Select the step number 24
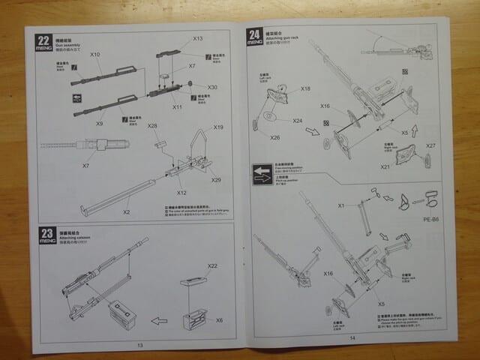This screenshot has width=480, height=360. point(254,34)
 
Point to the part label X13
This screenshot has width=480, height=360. point(198,38)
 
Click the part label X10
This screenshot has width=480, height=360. point(95,55)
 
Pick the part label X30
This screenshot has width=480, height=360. point(212,87)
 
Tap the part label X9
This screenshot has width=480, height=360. point(99,122)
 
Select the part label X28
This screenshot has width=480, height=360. point(152,125)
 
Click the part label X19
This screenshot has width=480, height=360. point(218,127)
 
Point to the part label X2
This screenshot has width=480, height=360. point(126,212)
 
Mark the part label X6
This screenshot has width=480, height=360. point(219,320)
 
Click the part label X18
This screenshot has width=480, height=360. point(305,88)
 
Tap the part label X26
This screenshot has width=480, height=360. point(275,137)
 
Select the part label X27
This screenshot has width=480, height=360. point(430,145)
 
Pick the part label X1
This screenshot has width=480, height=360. point(340,205)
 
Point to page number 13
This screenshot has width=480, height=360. point(140,345)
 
